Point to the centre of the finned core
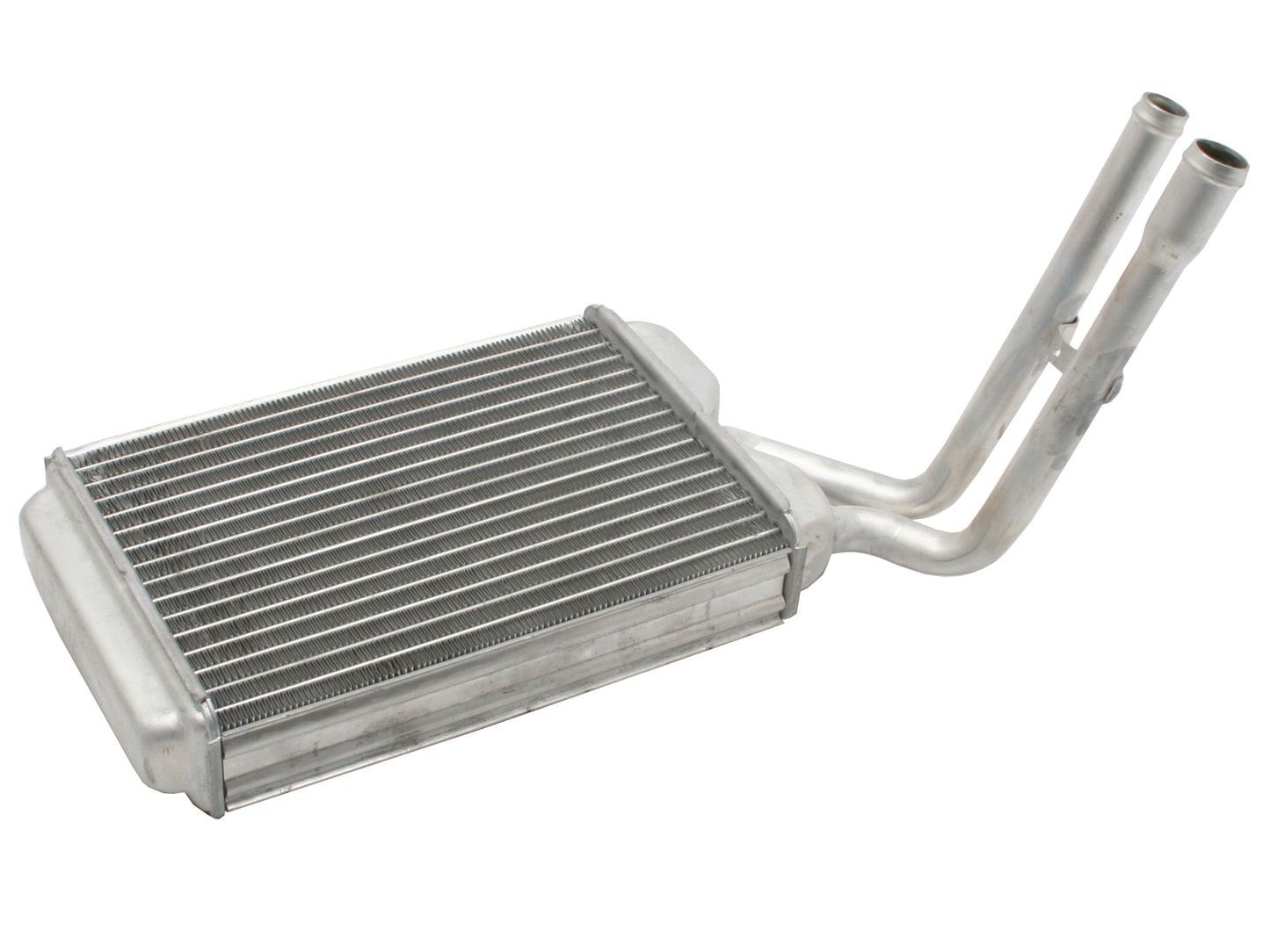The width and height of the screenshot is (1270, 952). pos(422,501)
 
